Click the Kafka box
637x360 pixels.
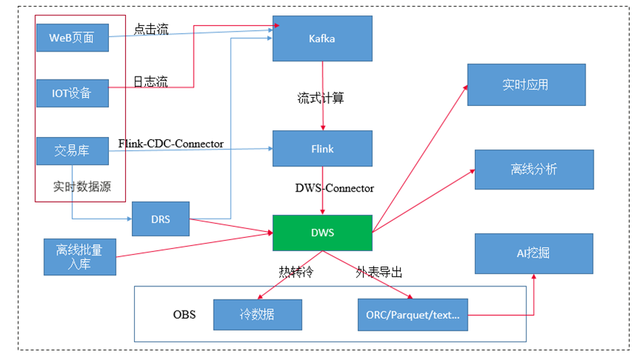[x=322, y=38]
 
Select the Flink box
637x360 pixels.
[x=322, y=149]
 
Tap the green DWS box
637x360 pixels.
[x=322, y=233]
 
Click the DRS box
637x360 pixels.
[x=160, y=219]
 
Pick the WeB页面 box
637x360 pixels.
[x=71, y=38]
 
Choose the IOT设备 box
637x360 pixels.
[x=71, y=93]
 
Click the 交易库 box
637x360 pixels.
[x=71, y=150]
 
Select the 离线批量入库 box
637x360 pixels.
[x=79, y=256]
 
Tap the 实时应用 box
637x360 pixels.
[x=526, y=85]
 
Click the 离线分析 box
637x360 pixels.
[x=534, y=169]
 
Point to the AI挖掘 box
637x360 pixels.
[x=533, y=253]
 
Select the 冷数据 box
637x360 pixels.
[x=257, y=314]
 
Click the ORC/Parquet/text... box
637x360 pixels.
[x=412, y=314]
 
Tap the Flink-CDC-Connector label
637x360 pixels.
[x=170, y=144]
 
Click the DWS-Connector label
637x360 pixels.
[x=334, y=188]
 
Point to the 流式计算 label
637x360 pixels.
[x=320, y=97]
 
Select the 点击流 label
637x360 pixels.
[x=151, y=29]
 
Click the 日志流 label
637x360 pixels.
[x=150, y=82]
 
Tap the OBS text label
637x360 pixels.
[x=184, y=314]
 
